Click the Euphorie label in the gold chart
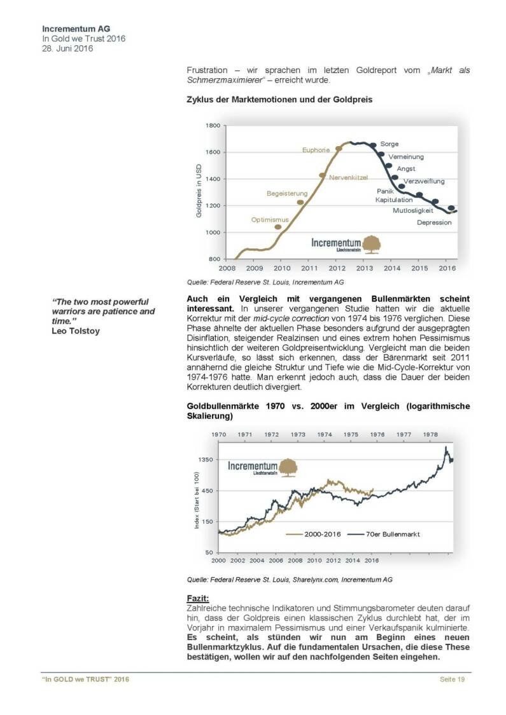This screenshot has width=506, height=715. [x=316, y=150]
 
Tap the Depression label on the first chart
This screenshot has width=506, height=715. [x=434, y=222]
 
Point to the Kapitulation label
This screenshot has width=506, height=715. [x=394, y=200]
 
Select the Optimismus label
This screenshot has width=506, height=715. [x=270, y=220]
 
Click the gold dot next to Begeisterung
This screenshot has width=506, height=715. [x=300, y=202]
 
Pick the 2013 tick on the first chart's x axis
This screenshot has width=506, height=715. [x=364, y=268]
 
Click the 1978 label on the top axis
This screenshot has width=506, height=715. [x=431, y=435]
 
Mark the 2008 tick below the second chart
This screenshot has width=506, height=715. [x=295, y=561]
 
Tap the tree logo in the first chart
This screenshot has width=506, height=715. [x=371, y=245]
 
